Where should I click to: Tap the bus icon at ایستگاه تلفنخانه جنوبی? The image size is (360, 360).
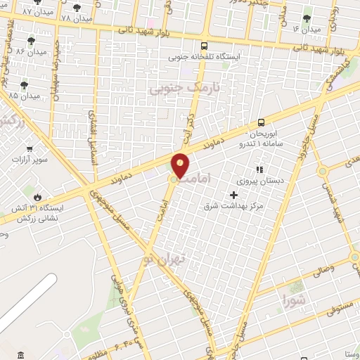[x=204, y=46]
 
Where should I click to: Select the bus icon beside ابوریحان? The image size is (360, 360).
[x=261, y=122]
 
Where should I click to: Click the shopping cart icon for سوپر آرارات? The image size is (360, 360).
[x=30, y=148]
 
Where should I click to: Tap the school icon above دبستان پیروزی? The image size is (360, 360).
[x=259, y=169]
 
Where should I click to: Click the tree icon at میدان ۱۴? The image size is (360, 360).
[x=306, y=19]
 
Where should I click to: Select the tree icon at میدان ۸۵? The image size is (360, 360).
[x=25, y=84]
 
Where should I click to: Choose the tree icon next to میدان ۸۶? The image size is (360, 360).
[x=30, y=41]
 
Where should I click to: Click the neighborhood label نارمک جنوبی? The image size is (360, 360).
[x=185, y=88]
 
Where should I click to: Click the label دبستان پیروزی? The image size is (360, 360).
[x=261, y=181]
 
